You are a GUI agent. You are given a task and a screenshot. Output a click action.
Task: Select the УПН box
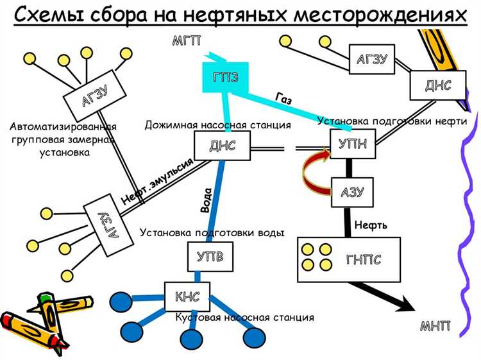(352, 144)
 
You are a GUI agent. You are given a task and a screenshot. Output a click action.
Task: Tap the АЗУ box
(351, 192)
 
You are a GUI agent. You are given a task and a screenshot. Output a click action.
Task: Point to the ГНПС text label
(364, 259)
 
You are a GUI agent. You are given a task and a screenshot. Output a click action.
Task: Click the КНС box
(187, 296)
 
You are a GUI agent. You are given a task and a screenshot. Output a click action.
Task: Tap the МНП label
(435, 325)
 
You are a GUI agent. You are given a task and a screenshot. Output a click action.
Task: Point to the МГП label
(187, 42)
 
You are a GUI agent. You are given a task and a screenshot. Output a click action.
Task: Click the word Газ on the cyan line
(284, 99)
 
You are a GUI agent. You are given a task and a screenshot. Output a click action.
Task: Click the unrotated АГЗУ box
(371, 60)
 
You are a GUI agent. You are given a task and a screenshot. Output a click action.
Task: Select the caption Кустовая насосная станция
(244, 318)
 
